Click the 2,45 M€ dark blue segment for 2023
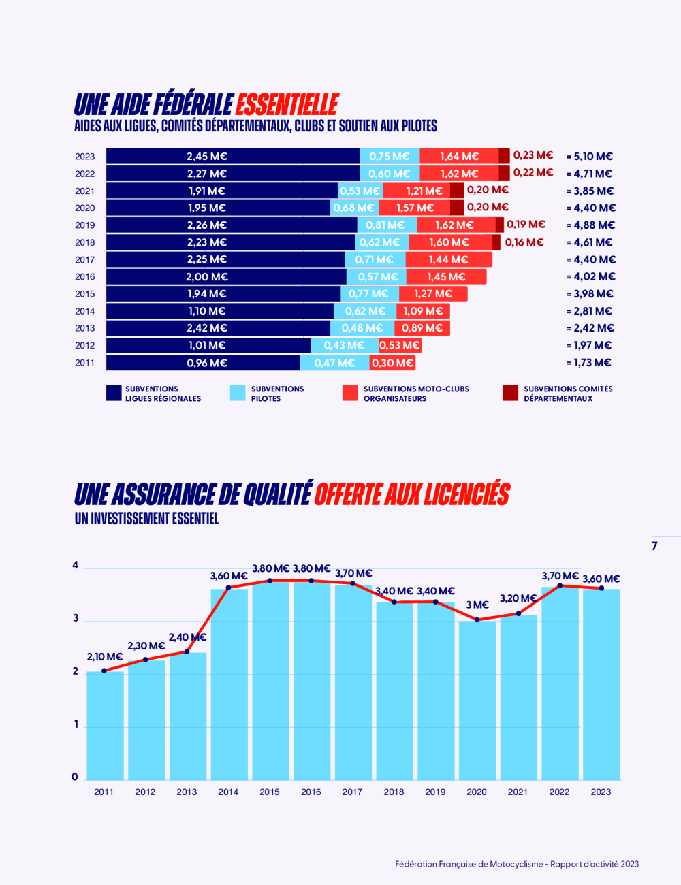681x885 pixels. [x=207, y=157]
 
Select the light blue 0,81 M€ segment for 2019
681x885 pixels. [x=385, y=225]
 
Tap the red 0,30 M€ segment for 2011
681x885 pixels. [x=392, y=363]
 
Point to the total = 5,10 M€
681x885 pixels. [x=590, y=157]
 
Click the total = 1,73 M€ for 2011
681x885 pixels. [x=589, y=363]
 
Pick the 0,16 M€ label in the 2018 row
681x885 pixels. [x=524, y=242]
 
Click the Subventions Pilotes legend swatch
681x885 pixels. [x=238, y=393]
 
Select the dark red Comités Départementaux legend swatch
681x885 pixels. [x=510, y=393]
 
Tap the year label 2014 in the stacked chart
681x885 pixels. [x=85, y=311]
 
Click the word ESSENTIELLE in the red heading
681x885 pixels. [x=287, y=105]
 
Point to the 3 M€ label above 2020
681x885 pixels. [x=477, y=605]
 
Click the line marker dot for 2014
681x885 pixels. [x=228, y=588]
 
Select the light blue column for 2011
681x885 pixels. [x=105, y=725]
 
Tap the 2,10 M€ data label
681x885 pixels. [x=105, y=657]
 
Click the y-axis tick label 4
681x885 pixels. [x=76, y=565]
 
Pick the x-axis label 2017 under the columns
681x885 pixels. [x=352, y=792]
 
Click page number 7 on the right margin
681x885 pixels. [x=654, y=546]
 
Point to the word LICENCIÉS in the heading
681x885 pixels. [x=466, y=495]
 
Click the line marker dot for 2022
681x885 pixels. [x=560, y=585]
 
